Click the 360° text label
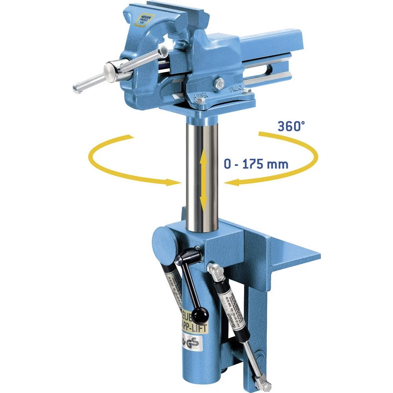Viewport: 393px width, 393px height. pyautogui.click(x=291, y=126)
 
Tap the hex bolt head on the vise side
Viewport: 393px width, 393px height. pyautogui.click(x=219, y=83)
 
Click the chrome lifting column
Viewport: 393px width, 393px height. pyautogui.click(x=202, y=173)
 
